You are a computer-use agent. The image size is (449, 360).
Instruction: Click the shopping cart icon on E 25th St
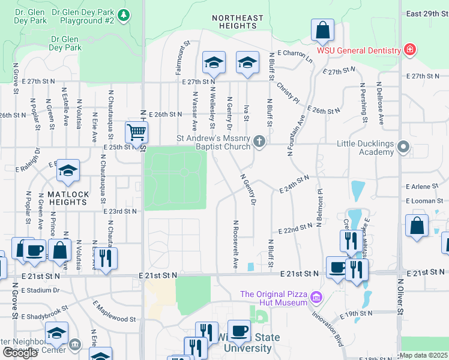point(136,133)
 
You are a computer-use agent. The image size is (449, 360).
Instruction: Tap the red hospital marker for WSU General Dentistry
point(409,49)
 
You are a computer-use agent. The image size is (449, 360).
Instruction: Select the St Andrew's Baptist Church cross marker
point(259,142)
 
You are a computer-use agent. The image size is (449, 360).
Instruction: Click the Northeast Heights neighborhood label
point(238,22)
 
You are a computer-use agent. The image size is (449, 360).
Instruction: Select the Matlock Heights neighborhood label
point(68,198)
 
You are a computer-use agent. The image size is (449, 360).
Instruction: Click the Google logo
point(20,353)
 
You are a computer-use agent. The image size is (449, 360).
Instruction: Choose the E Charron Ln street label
point(294,57)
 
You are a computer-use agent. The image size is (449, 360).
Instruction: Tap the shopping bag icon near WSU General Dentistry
point(322,30)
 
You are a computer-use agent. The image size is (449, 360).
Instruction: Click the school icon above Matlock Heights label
point(68,172)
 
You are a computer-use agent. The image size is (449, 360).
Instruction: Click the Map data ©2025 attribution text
point(423,355)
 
